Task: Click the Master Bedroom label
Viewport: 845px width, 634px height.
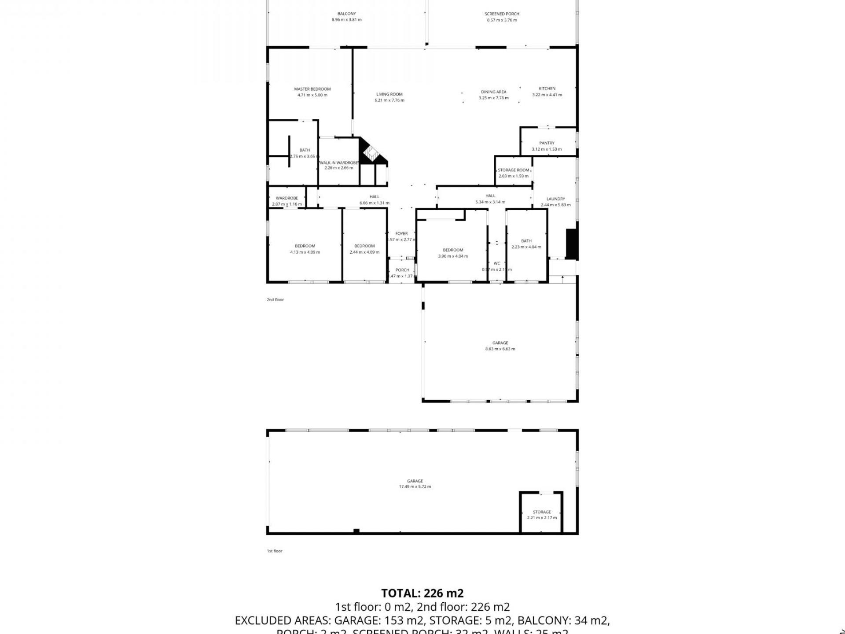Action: coord(312,89)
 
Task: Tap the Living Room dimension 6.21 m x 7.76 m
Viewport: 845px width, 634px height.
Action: coord(389,100)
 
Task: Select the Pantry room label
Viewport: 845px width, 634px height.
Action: coord(547,143)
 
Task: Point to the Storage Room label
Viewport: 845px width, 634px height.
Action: coord(513,170)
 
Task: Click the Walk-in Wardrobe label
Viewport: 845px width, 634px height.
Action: coord(338,163)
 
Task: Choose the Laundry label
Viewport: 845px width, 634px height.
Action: coord(555,199)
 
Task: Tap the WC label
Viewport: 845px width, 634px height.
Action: coord(496,263)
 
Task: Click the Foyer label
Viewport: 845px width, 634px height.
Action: coord(401,234)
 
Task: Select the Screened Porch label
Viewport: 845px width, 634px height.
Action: coord(502,14)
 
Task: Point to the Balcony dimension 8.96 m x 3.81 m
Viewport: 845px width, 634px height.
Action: coord(346,20)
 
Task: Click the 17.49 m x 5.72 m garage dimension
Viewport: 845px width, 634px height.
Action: coord(415,487)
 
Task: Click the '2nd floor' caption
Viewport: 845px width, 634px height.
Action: coord(275,300)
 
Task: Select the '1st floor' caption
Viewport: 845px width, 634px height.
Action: coord(274,551)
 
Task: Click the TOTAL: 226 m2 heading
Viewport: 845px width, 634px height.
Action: coord(422,593)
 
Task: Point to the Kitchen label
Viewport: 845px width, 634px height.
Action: coord(547,88)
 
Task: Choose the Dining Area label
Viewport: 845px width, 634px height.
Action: coord(493,92)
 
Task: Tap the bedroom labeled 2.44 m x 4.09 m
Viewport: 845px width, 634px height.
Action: coord(364,249)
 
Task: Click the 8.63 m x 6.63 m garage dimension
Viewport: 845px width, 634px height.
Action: coord(500,349)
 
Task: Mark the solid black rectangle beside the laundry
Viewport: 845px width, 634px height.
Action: coord(571,244)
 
